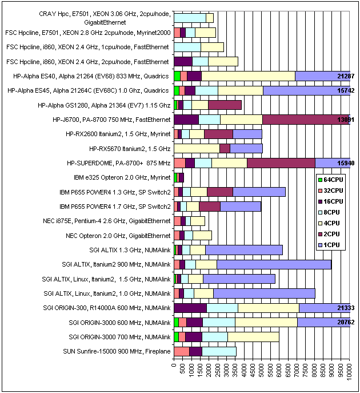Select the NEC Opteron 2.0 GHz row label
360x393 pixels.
[x=118, y=235]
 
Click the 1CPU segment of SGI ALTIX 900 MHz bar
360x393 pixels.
[x=274, y=264]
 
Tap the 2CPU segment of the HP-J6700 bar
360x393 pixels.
[x=306, y=119]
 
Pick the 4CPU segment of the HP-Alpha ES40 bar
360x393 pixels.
[x=248, y=76]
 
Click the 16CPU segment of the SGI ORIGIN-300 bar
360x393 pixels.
[x=190, y=308]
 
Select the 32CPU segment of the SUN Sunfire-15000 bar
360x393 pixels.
[x=181, y=351]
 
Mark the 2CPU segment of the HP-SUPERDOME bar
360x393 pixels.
[x=281, y=163]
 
